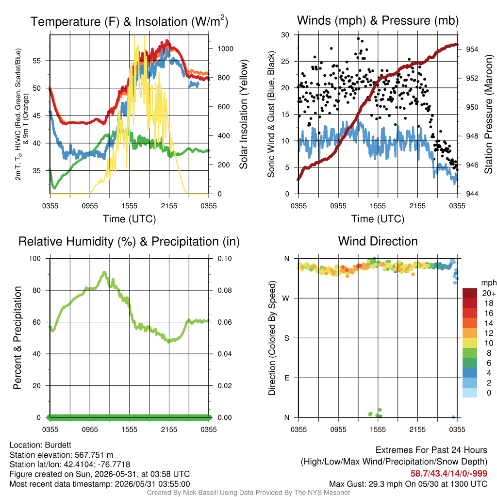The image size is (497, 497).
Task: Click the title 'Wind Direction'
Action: click(378, 241)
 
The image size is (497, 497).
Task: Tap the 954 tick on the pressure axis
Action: click(472, 49)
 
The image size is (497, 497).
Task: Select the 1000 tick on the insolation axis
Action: click(225, 49)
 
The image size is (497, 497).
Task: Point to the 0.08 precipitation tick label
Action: click(225, 290)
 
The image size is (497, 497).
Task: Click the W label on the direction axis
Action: click(286, 298)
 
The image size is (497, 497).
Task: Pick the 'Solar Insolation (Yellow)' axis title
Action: click(243, 114)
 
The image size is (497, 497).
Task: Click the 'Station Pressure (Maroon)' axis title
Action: click(488, 114)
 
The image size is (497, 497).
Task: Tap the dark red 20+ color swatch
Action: click(470, 293)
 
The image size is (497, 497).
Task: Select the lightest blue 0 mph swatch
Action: click(470, 392)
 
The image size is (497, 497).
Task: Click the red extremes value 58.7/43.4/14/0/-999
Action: click(449, 473)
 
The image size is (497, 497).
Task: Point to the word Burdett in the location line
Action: click(58, 445)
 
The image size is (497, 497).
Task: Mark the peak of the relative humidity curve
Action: click(104, 272)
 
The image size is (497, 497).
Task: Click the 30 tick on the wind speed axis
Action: click(285, 35)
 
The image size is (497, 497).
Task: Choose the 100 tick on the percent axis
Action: click(35, 259)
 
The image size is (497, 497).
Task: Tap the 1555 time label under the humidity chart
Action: click(129, 430)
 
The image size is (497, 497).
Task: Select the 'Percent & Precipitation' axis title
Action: click(17, 338)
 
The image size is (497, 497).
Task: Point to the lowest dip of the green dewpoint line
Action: click(54, 188)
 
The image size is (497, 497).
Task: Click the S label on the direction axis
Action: click(286, 338)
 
